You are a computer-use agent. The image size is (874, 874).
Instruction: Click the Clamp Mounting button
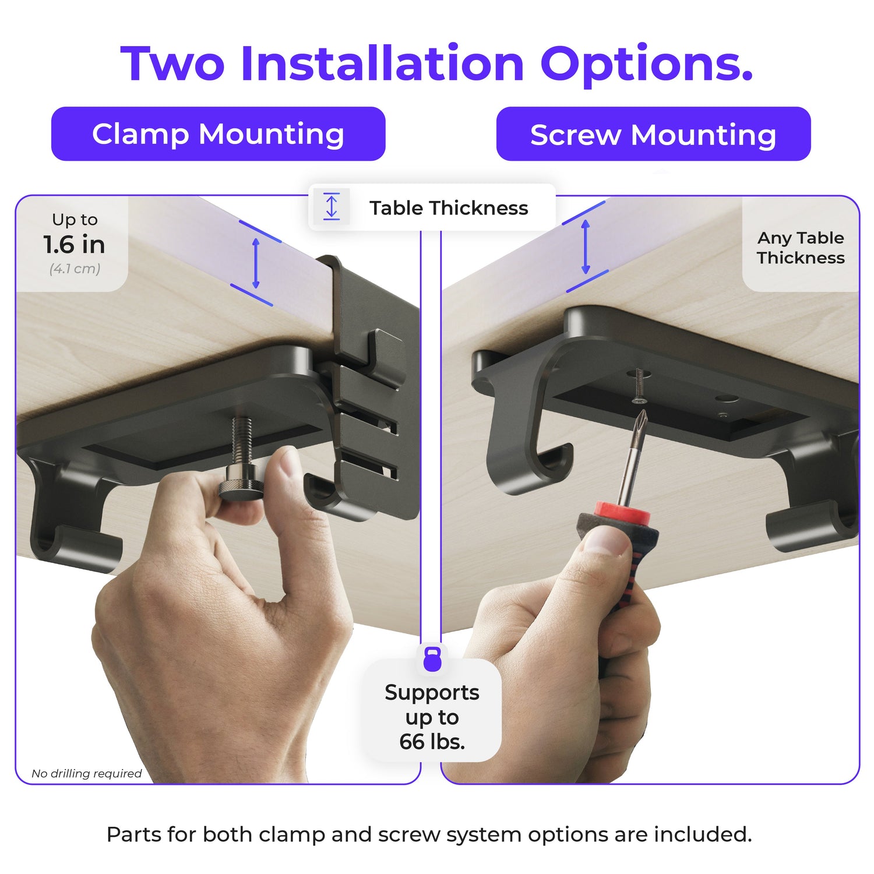click(x=218, y=134)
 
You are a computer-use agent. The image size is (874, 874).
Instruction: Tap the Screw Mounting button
click(x=653, y=134)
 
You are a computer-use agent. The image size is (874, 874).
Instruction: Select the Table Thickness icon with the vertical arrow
click(x=332, y=206)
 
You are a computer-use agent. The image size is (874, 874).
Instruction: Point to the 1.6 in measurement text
click(x=74, y=245)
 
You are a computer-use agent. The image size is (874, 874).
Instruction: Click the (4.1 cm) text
click(x=75, y=269)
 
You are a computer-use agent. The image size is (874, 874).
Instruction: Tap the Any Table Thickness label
click(x=801, y=248)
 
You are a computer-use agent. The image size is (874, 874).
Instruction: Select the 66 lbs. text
click(x=432, y=742)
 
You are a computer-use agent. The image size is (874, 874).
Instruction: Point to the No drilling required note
click(x=87, y=773)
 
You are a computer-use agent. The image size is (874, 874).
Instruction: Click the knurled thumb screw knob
click(x=241, y=488)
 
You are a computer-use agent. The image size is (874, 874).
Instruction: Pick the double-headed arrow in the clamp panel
click(x=255, y=263)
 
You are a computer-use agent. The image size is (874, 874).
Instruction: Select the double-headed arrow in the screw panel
click(x=586, y=247)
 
